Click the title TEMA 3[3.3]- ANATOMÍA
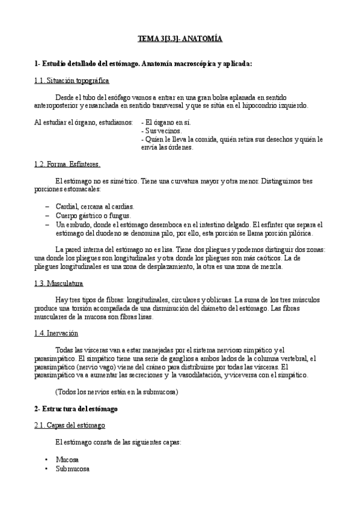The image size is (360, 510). pyautogui.click(x=180, y=39)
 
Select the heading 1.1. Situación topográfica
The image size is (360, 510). pyautogui.click(x=72, y=81)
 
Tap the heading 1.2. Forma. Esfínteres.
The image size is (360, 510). pyautogui.click(x=67, y=164)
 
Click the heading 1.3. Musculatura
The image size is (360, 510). pyautogui.click(x=59, y=283)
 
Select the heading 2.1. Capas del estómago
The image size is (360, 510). pyautogui.click(x=69, y=425)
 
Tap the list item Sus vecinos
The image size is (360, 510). pyautogui.click(x=162, y=130)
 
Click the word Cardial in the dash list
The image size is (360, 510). pyautogui.click(x=67, y=206)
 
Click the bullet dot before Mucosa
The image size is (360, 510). pyautogui.click(x=46, y=459)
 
